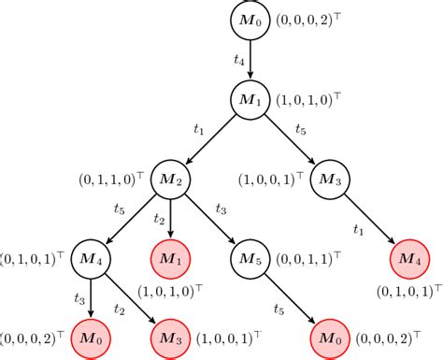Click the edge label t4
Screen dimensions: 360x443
point(238,59)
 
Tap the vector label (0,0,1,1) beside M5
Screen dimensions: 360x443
point(304,254)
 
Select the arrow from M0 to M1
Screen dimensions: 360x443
point(250,59)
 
